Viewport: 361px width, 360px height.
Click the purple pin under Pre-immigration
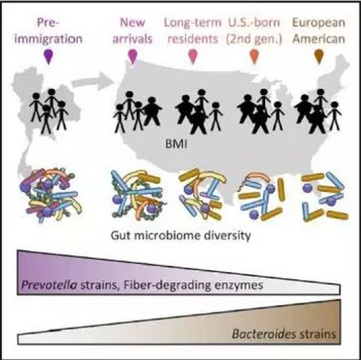point(49,56)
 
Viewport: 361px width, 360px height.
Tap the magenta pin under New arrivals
point(133,56)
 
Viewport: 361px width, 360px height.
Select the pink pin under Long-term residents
point(193,56)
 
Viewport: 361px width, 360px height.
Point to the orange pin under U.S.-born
point(254,56)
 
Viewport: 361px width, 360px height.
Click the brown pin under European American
point(319,56)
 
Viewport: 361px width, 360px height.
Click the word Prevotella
point(49,285)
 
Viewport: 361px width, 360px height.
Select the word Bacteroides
point(264,333)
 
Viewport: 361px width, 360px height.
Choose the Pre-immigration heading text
point(49,31)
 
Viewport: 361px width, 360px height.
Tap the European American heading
point(319,31)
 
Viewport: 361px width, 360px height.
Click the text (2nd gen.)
point(254,39)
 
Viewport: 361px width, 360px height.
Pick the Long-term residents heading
point(192,31)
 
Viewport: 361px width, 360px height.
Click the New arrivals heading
point(133,31)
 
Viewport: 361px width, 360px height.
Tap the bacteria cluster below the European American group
point(325,196)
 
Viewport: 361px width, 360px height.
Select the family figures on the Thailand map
point(49,111)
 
